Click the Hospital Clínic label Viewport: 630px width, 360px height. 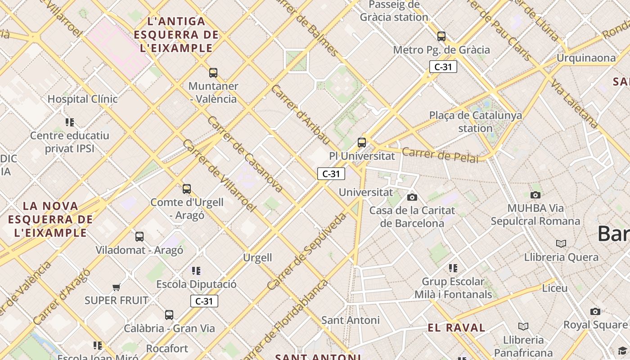(x=82, y=99)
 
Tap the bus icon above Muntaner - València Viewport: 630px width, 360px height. (x=213, y=72)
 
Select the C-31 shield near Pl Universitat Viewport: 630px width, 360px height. (x=331, y=174)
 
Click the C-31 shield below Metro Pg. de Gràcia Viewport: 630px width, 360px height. (x=443, y=67)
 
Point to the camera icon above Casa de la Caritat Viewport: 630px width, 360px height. (x=412, y=197)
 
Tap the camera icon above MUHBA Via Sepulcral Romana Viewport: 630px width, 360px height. (x=535, y=195)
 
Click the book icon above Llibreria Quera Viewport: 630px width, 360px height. (x=561, y=243)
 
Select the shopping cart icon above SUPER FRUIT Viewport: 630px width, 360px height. (x=116, y=287)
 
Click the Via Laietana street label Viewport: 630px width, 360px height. (x=575, y=104)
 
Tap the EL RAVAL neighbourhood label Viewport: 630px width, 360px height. (x=456, y=328)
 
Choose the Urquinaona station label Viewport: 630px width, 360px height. (x=586, y=58)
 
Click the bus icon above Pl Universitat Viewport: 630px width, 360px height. (x=361, y=143)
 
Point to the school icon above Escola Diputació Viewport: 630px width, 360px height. (x=196, y=270)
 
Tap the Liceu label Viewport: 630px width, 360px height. (x=554, y=288)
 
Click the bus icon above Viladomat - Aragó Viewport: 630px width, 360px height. (x=139, y=236)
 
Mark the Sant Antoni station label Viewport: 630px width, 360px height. (x=350, y=320)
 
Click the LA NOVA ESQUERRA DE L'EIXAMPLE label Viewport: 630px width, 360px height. (x=50, y=219)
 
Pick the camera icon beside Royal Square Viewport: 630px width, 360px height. (x=595, y=311)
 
